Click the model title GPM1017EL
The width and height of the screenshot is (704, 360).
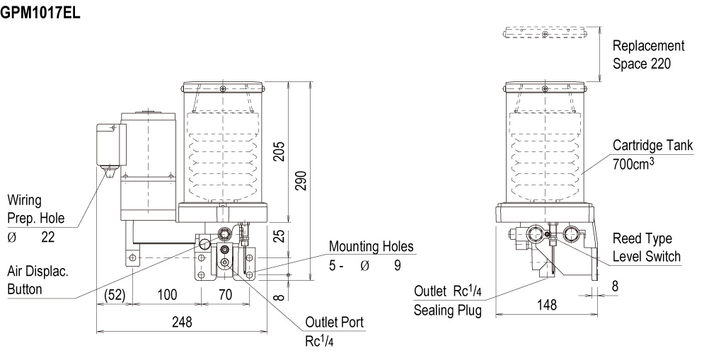tap(40, 13)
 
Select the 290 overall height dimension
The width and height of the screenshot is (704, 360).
tap(301, 180)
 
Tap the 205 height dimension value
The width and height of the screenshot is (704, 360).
tap(279, 152)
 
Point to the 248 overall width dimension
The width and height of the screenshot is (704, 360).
tap(182, 321)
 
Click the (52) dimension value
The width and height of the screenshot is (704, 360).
tap(115, 294)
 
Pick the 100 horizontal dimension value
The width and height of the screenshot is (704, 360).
tap(167, 294)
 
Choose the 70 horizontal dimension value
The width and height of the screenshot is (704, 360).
tap(226, 294)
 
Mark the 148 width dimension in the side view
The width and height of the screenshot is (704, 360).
tap(547, 306)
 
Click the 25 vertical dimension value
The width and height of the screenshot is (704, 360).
tap(279, 236)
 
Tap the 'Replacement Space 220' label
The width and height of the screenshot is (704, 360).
tap(648, 54)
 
